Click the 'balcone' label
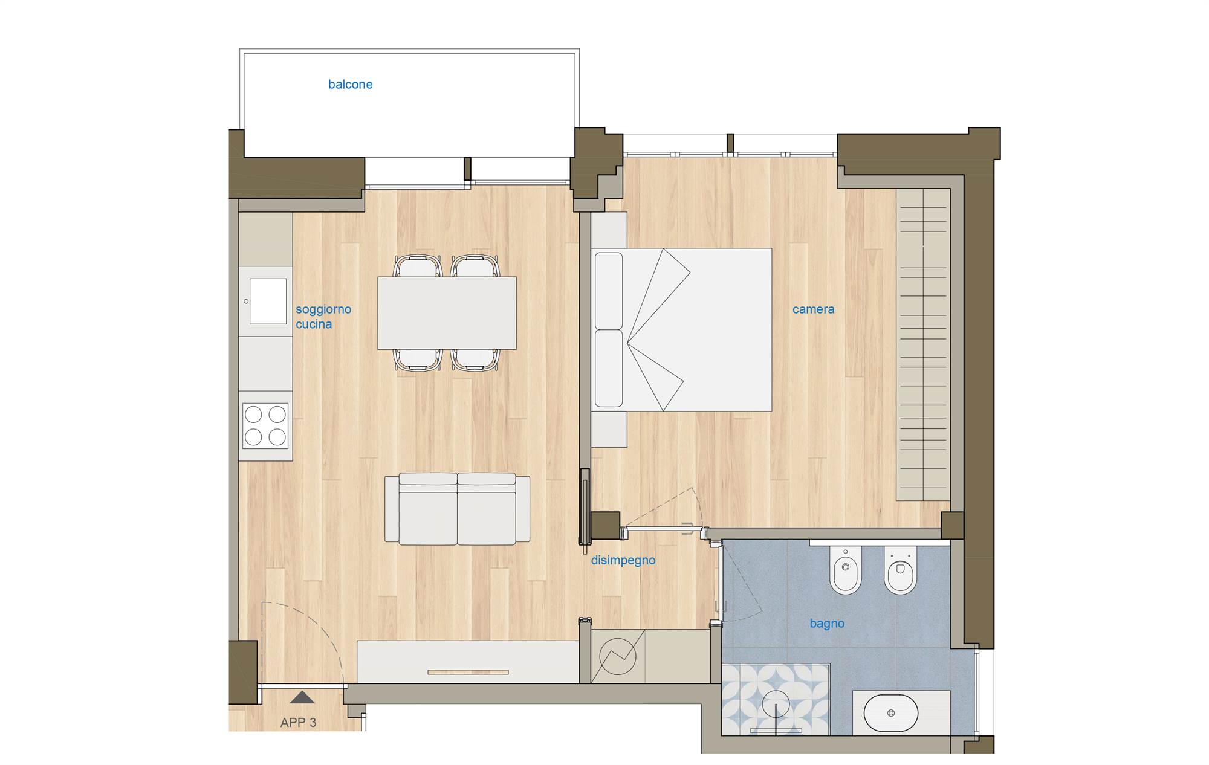coord(350,85)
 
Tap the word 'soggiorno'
coord(323,309)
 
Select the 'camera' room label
coord(813,309)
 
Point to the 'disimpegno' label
coord(623,561)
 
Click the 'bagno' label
coord(827,624)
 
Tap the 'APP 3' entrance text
coord(298,723)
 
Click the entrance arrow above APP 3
coord(302,698)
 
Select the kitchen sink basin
coord(268,301)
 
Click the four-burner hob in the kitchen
coord(265,427)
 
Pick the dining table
coord(447,313)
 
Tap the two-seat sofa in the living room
coord(457,509)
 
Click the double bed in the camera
coord(681,330)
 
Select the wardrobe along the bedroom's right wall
coord(923,344)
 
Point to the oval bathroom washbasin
coord(891,713)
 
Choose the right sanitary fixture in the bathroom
coord(900,570)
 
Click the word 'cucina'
coord(314,324)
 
